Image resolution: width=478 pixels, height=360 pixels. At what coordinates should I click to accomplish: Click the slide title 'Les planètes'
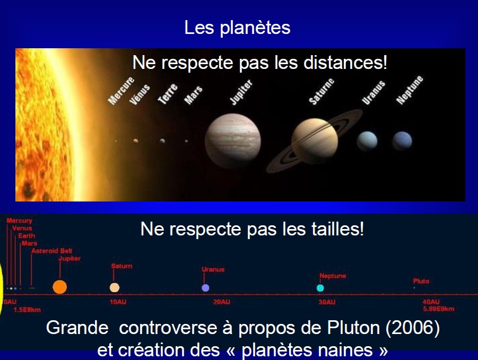tap(237, 28)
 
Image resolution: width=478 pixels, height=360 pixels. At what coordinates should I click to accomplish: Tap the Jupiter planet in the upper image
tap(233, 141)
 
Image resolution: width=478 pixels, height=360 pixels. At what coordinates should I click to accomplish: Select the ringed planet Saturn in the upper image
tap(315, 141)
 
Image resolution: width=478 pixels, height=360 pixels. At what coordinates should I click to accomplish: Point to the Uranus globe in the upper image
tap(367, 141)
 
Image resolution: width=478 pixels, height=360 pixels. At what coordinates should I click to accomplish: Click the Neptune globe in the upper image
tap(402, 141)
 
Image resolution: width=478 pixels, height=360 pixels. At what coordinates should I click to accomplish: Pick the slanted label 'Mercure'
tap(121, 91)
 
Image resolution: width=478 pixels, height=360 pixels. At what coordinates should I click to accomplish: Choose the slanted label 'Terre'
tap(168, 94)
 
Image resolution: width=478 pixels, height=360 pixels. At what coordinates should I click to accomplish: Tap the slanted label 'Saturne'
tap(321, 91)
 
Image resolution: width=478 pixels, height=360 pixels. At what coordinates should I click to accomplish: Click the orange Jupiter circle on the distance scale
tap(60, 287)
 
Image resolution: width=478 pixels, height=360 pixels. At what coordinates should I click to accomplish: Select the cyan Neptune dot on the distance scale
tap(320, 288)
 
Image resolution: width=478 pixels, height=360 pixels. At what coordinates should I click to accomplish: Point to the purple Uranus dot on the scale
tap(205, 288)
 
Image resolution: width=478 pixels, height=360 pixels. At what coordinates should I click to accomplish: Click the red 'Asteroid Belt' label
tap(52, 251)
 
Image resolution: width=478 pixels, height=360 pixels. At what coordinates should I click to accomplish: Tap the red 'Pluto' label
tap(421, 281)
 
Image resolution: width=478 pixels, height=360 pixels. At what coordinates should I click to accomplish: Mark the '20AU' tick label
tap(222, 302)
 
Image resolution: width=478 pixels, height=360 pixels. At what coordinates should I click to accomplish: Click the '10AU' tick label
tap(118, 302)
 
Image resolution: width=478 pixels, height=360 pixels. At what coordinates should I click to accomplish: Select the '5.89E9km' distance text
tap(438, 309)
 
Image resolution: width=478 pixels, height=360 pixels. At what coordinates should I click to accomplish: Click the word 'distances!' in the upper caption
tap(345, 63)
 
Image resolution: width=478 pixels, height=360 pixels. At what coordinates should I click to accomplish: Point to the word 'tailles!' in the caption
tap(338, 229)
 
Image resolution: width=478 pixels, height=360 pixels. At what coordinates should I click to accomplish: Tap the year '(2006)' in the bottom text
tap(413, 328)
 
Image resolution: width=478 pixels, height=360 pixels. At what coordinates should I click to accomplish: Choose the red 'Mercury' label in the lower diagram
tap(19, 221)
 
